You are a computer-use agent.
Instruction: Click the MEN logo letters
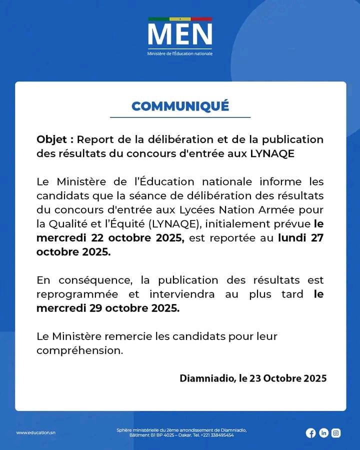coord(180,34)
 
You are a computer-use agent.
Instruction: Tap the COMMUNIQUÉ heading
coord(180,106)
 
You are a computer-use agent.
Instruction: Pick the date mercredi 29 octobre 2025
coord(107,308)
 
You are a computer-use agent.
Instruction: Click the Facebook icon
coord(311,433)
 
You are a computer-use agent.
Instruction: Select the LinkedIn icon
coord(323,433)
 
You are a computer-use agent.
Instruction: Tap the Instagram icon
coord(336,433)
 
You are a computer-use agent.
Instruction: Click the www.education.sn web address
coord(35,432)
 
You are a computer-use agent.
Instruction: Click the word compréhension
coord(79,350)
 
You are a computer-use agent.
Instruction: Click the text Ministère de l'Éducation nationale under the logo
coord(180,53)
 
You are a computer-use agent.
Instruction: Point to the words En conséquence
coord(74,280)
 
